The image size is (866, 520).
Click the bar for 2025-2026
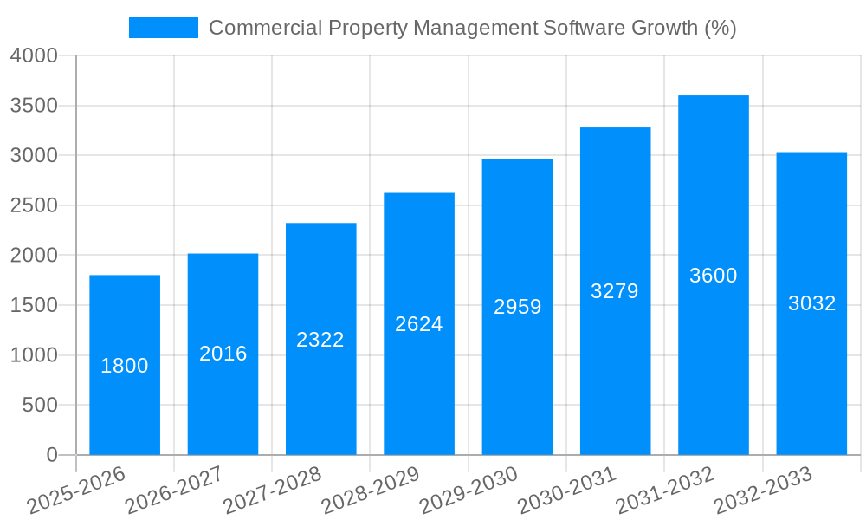(125, 407)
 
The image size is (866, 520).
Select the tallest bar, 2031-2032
(714, 364)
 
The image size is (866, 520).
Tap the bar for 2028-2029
(419, 390)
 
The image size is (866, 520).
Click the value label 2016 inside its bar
(223, 354)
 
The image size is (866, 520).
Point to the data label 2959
(518, 307)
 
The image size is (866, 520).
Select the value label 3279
(615, 291)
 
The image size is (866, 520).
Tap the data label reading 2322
(320, 340)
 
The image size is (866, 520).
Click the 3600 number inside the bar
(714, 276)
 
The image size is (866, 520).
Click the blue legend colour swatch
(163, 28)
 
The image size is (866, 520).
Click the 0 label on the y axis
(51, 455)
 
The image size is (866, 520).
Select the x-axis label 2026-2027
(174, 491)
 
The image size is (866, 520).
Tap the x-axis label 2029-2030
(469, 491)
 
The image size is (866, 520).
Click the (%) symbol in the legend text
(720, 28)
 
